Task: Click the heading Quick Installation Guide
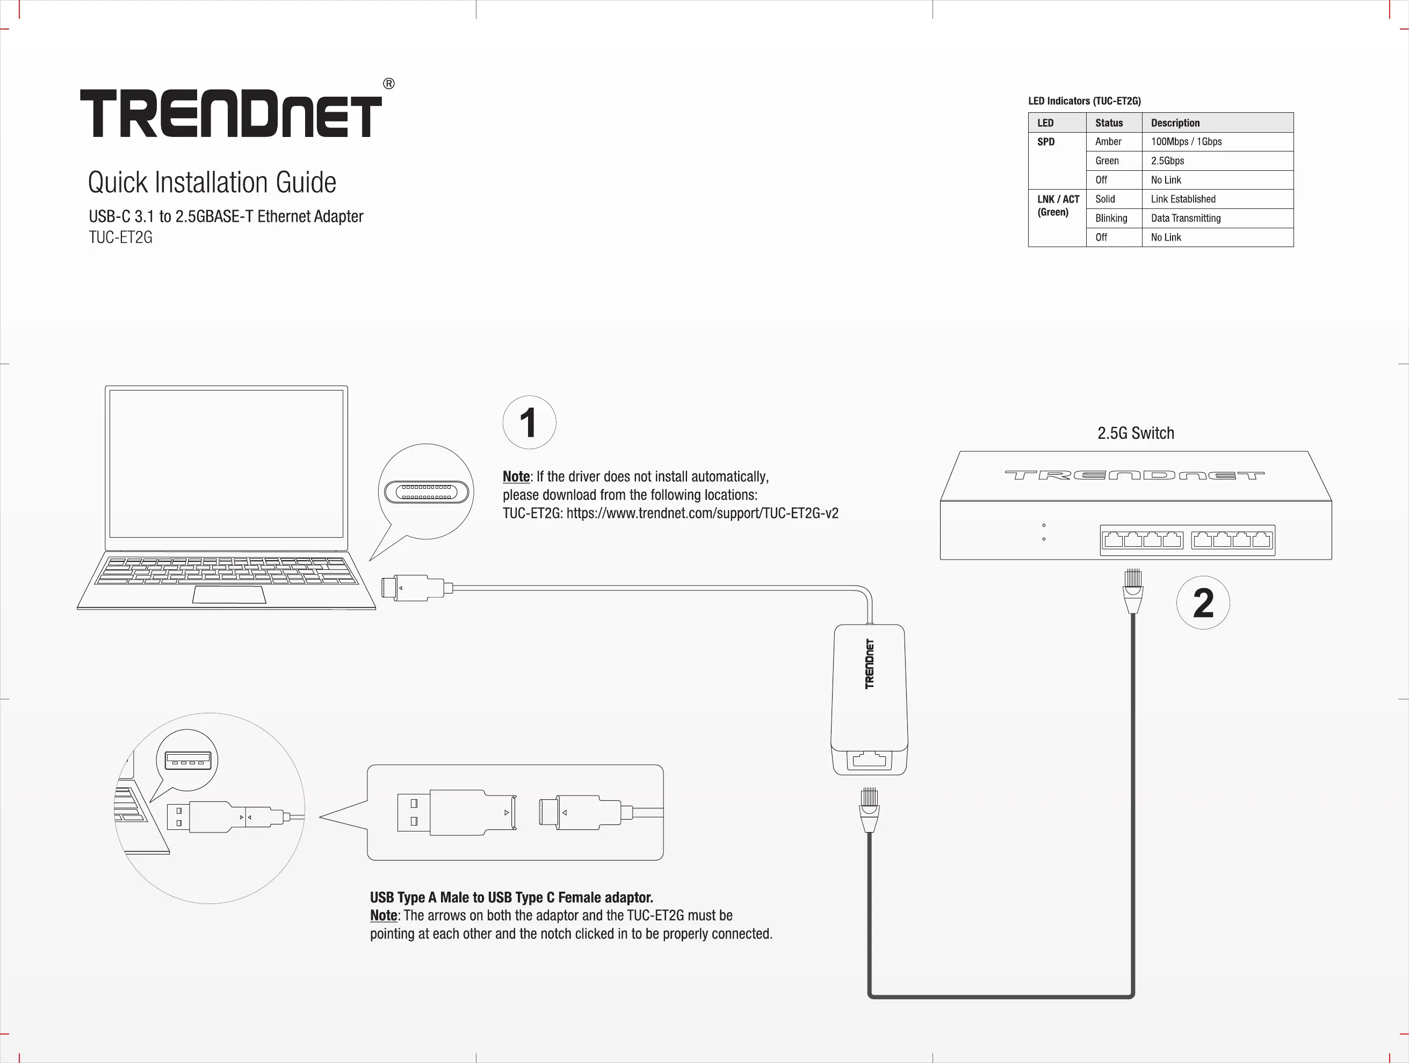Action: click(x=212, y=182)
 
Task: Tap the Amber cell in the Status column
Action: click(x=1108, y=141)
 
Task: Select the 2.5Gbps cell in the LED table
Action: click(x=1168, y=161)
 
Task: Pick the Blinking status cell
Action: click(x=1111, y=218)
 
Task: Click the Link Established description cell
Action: click(x=1183, y=199)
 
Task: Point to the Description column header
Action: click(x=1175, y=122)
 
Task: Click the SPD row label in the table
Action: click(x=1046, y=141)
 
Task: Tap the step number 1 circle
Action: click(x=529, y=422)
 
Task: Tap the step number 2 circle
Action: click(x=1203, y=603)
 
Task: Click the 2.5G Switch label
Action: click(x=1136, y=433)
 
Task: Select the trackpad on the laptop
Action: click(x=229, y=595)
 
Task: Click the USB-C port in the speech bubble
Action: click(x=427, y=491)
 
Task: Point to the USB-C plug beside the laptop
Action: click(x=414, y=588)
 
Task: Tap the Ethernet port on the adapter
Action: click(x=870, y=760)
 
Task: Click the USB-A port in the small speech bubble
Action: click(x=187, y=761)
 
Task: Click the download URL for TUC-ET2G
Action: click(x=702, y=514)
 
